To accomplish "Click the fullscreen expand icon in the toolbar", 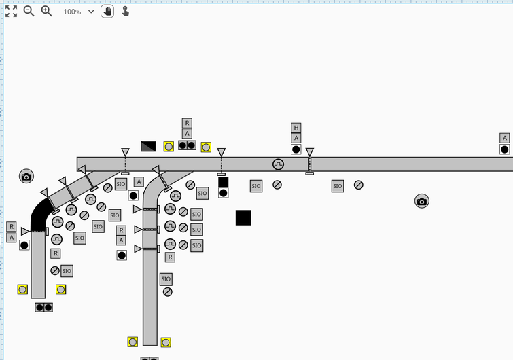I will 11,12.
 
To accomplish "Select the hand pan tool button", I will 107,12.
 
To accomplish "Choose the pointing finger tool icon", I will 126,12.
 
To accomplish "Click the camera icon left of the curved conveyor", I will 26,177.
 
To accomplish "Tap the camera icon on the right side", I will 421,201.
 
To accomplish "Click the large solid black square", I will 243,217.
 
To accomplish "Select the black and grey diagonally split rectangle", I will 148,146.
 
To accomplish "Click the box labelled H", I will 296,128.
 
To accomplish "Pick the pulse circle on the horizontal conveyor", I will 278,164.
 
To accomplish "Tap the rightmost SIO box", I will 338,186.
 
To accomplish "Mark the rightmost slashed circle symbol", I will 358,185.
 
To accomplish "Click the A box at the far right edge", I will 504,138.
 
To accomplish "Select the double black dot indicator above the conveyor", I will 187,145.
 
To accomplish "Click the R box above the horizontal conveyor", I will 187,123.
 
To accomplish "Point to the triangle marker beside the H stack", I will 310,152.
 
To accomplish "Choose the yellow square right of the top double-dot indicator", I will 206,147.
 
